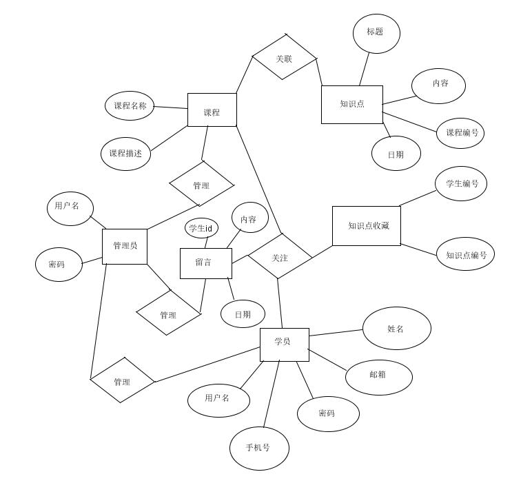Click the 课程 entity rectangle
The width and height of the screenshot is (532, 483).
coord(212,110)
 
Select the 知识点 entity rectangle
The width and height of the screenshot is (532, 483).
coord(351,105)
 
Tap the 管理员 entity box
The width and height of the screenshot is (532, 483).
coord(125,246)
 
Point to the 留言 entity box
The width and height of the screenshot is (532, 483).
coord(205,263)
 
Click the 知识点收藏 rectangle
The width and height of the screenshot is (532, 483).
coord(366,225)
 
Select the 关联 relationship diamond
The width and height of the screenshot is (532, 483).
coord(284,57)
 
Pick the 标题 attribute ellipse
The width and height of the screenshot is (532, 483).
coord(376,32)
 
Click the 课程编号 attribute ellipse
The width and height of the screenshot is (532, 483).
coord(460,133)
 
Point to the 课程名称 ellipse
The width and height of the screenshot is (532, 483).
coord(130,106)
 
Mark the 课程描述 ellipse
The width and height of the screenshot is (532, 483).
coord(125,154)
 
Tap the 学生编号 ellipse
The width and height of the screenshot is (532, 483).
coord(461,183)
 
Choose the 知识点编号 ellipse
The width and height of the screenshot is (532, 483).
coord(466,255)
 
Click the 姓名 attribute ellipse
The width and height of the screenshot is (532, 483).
coord(396,329)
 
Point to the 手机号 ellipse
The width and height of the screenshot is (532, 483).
coord(258,448)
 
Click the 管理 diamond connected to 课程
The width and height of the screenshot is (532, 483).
coord(201,184)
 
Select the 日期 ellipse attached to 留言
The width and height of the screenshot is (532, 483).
coord(243,314)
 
